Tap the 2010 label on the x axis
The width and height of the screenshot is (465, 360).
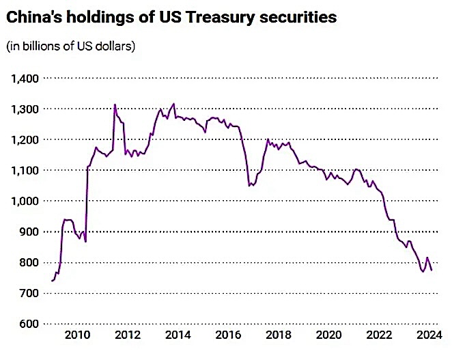[x=77, y=335]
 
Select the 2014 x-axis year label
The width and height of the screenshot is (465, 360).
[x=178, y=335]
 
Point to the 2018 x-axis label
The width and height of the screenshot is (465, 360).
[x=279, y=335]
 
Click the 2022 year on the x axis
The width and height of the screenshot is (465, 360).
[x=380, y=335]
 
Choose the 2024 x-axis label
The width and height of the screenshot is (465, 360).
[x=430, y=335]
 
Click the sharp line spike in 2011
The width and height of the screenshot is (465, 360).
[x=115, y=105]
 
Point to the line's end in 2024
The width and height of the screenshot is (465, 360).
[x=432, y=271]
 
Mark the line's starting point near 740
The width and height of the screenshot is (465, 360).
[x=51, y=281]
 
